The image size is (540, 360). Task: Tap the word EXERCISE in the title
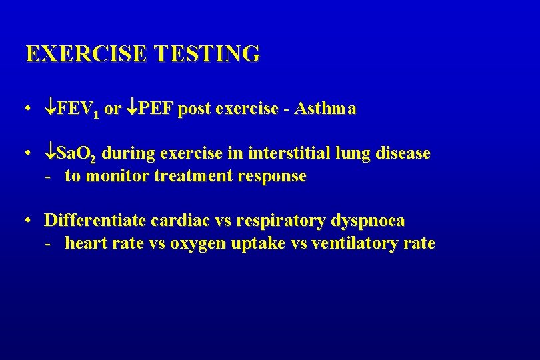tap(86, 54)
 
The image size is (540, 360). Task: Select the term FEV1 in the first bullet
tap(78, 109)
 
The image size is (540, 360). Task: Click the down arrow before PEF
tap(133, 108)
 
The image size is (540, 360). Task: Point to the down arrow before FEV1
tap(51, 108)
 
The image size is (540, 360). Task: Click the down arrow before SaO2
tap(51, 153)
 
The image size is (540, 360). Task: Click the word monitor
tap(112, 177)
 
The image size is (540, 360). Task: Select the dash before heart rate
tap(48, 243)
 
